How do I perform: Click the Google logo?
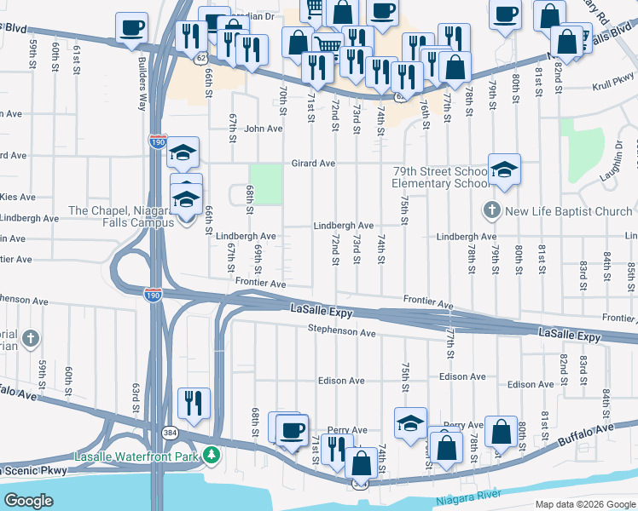pyautogui.click(x=28, y=501)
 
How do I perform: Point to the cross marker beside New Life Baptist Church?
pyautogui.click(x=491, y=210)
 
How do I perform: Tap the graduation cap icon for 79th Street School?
pyautogui.click(x=504, y=169)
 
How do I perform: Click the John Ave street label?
pyautogui.click(x=263, y=129)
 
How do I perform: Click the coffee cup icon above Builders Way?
pyautogui.click(x=132, y=26)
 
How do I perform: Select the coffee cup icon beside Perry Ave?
pyautogui.click(x=292, y=429)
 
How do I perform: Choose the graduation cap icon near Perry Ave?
pyautogui.click(x=410, y=422)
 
